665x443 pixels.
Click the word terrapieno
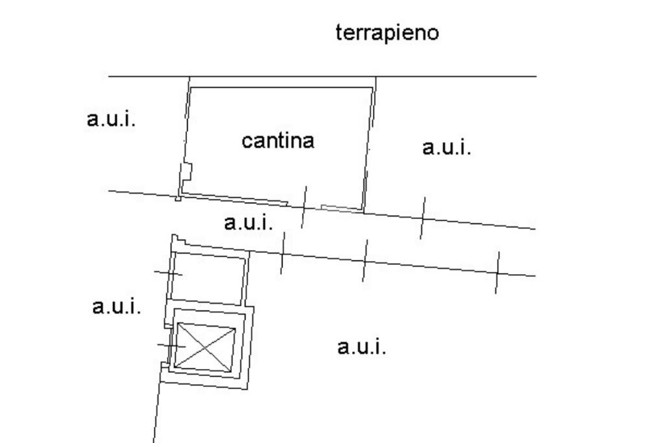tap(387, 32)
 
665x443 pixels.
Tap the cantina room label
tap(278, 140)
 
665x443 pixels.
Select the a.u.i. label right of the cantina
tap(446, 147)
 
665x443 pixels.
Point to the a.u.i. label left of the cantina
tap(111, 119)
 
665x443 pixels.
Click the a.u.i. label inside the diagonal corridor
tap(248, 223)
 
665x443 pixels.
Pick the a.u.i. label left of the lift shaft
tap(116, 306)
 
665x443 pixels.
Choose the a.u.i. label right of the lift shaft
tap(362, 347)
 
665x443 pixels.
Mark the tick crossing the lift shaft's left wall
tap(171, 346)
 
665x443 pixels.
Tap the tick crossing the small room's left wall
tap(168, 273)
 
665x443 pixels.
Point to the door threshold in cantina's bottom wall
tap(340, 208)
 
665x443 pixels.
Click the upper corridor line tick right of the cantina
tap(422, 218)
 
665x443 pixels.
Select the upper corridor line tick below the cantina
tap(303, 207)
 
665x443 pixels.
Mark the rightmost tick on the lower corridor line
tap(497, 272)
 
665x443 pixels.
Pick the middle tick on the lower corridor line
tap(364, 260)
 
